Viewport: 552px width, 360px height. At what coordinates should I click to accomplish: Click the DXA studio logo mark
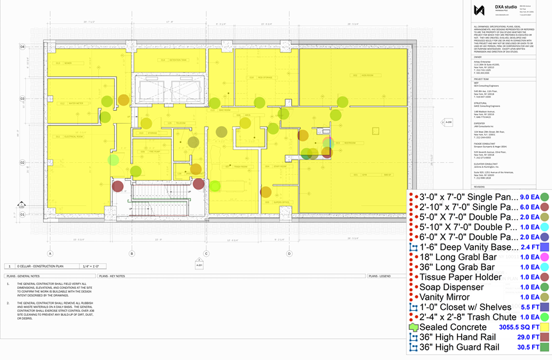click(478, 10)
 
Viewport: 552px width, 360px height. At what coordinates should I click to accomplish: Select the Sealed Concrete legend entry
click(454, 327)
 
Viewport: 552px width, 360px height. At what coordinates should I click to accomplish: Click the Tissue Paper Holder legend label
click(456, 277)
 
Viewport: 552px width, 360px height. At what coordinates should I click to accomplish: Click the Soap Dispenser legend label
click(452, 287)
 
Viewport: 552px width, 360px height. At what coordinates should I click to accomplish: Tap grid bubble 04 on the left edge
click(22, 47)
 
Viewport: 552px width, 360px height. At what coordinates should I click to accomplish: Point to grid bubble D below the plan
click(290, 254)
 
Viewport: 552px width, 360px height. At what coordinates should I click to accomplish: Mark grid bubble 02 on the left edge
click(22, 163)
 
